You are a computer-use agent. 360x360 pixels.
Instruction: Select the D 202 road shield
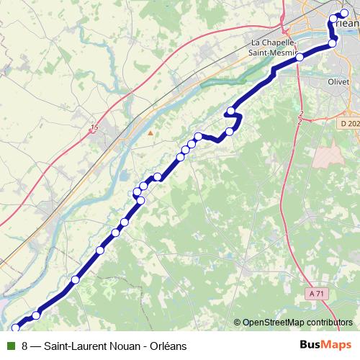point(348,124)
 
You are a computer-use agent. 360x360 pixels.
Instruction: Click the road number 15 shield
point(94,127)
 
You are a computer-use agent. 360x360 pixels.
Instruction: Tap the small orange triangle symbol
point(150,132)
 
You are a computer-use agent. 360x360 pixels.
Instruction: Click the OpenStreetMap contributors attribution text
point(297,323)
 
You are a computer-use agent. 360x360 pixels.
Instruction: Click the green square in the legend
point(10,346)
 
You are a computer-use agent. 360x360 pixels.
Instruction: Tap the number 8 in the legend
point(25,346)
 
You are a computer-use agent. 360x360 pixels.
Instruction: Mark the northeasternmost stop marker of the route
point(343,13)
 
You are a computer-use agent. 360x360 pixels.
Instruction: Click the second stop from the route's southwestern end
point(36,315)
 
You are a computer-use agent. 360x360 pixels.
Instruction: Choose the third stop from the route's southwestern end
point(75,279)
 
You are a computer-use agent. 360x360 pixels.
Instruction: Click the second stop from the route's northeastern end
point(333,18)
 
